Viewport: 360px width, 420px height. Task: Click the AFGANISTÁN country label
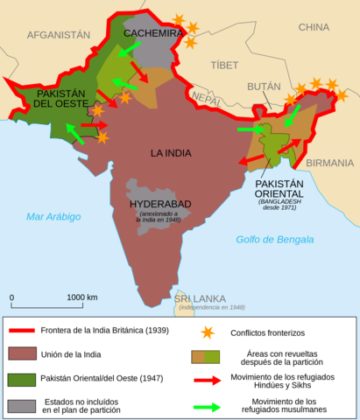[59, 35]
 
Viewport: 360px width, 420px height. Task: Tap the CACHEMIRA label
[152, 33]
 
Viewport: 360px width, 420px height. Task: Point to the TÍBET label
[223, 65]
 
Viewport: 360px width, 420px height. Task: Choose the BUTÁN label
[264, 87]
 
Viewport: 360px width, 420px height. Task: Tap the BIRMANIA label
[330, 163]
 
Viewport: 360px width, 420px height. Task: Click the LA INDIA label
[170, 153]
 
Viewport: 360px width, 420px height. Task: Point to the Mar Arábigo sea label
[53, 216]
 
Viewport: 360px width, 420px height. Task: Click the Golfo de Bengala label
[274, 239]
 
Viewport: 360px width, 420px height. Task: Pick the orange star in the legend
[208, 332]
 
